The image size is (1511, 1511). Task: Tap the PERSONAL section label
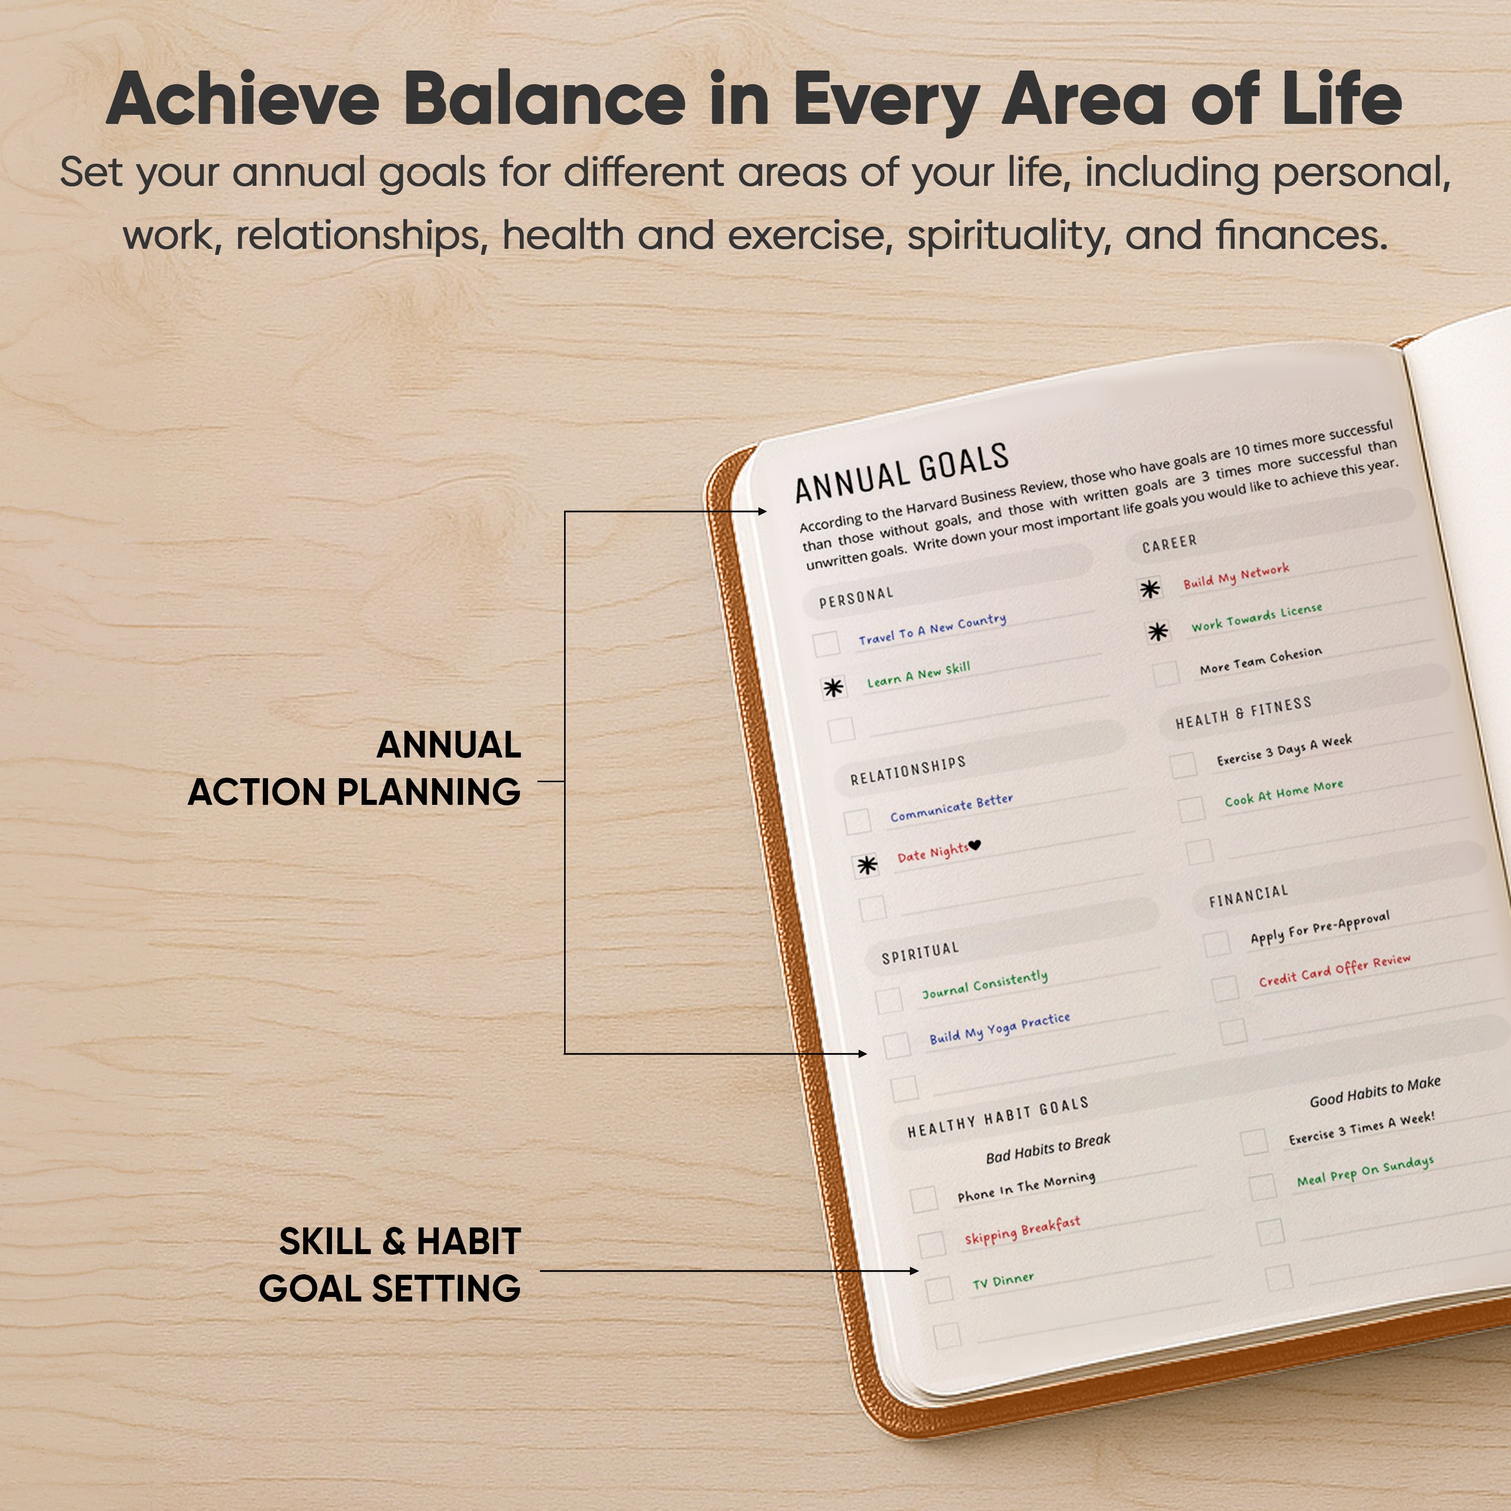tap(856, 597)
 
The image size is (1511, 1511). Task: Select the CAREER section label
tap(1169, 543)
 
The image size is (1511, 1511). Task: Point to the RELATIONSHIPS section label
tap(908, 770)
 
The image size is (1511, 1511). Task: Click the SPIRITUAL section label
tap(920, 952)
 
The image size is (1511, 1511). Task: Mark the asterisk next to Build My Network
tap(1150, 589)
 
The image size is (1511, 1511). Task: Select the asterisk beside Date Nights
tap(866, 865)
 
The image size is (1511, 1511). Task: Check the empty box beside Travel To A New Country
tap(826, 644)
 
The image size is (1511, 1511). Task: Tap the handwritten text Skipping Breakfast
tap(1022, 1229)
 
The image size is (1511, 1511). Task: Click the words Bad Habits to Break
tap(1048, 1147)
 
